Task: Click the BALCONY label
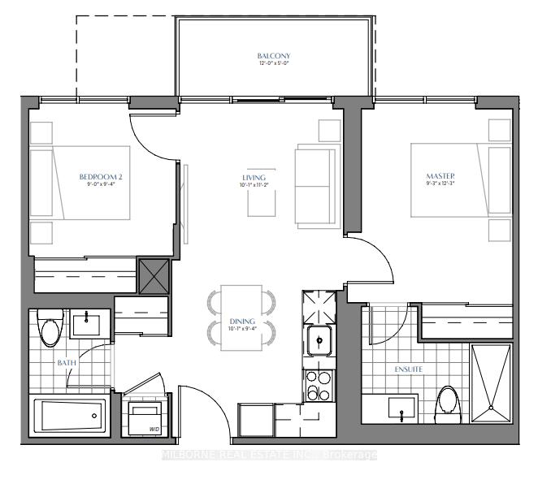tap(273, 56)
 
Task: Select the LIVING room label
tap(254, 177)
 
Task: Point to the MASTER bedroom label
tap(441, 176)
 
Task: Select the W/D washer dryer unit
tap(145, 415)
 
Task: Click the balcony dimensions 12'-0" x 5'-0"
tap(273, 65)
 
